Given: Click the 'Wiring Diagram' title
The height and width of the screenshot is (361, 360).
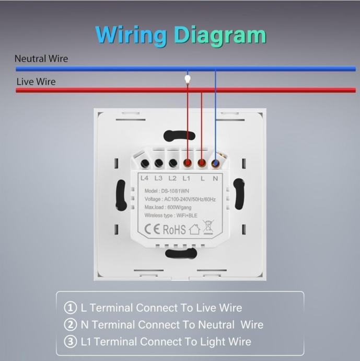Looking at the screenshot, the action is [181, 36].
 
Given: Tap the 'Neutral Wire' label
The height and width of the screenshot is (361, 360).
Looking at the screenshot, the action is [41, 59].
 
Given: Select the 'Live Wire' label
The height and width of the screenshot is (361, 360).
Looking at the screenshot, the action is [36, 82].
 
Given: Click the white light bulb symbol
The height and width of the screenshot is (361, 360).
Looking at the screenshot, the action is [188, 80].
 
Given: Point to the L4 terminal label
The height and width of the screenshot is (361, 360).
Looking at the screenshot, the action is [144, 178].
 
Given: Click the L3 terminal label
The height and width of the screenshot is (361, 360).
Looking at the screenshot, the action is [158, 178].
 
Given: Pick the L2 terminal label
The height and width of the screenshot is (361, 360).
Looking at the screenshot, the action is [172, 178].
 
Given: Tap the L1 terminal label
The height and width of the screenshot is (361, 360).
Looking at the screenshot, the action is [186, 178].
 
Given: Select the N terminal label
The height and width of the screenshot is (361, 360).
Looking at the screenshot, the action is [215, 178].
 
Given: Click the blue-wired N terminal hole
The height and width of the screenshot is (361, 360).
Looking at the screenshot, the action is [215, 163].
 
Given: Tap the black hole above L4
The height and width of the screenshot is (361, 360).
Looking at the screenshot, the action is [145, 163].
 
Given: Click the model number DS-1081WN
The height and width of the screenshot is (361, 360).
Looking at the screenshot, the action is [175, 191].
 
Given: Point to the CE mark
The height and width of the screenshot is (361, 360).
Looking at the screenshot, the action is [152, 229].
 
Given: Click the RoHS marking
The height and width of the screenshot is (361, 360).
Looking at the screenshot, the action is [175, 230].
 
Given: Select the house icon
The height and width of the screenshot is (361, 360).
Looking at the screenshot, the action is [194, 229].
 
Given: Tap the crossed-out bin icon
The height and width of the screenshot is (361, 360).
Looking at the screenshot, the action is [208, 227].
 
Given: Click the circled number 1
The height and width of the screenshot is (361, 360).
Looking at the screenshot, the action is [71, 308].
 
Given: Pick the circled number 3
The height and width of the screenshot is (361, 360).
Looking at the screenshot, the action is [71, 342].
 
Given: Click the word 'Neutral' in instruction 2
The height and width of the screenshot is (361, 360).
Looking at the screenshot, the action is [216, 324].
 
